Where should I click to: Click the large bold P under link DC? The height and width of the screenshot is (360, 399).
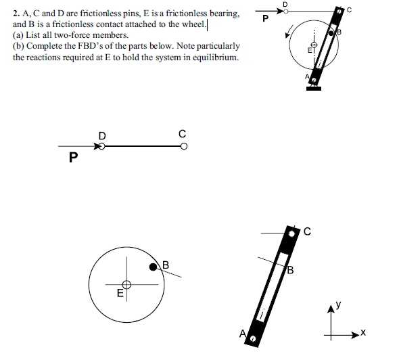click(73, 158)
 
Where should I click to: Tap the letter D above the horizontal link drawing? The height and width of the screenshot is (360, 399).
click(102, 135)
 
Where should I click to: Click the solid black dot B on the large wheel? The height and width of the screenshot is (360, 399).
click(154, 268)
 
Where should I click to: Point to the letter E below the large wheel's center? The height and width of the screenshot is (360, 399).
click(120, 294)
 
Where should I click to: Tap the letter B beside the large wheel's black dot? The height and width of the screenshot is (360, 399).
click(164, 263)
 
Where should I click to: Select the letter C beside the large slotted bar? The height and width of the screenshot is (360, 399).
click(306, 232)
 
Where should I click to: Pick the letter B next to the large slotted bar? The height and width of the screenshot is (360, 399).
click(290, 272)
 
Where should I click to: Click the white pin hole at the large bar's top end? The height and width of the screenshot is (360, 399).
click(292, 233)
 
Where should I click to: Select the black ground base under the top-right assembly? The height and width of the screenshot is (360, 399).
click(313, 87)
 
